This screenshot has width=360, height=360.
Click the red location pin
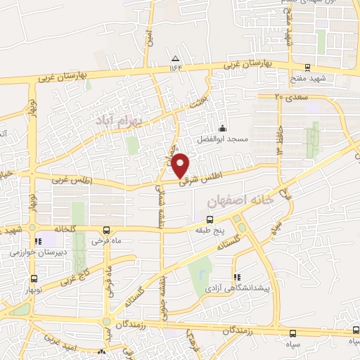181,165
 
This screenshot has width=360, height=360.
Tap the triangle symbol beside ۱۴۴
175,58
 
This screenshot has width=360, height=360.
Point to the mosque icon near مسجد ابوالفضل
223,128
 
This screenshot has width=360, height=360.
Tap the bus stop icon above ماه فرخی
106,230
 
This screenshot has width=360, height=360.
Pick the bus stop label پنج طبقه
209,240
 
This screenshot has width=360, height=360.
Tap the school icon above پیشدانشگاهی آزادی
237,276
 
